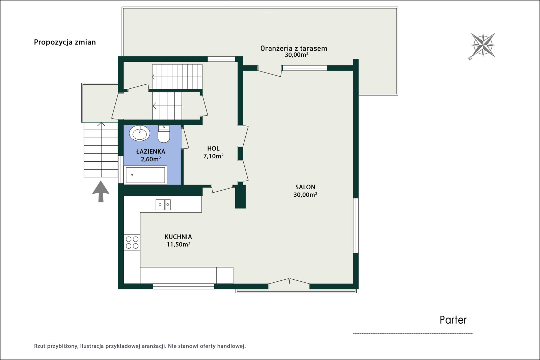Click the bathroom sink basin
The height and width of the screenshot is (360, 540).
pyautogui.click(x=139, y=133)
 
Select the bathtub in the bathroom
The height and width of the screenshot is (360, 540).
pyautogui.click(x=145, y=175)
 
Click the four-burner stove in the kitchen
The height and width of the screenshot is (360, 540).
pyautogui.click(x=132, y=242)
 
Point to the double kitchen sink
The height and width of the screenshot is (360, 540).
pyautogui.click(x=163, y=204)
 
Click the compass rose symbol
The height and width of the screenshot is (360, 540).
pyautogui.click(x=483, y=46)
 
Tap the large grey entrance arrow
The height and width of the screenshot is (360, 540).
pyautogui.click(x=101, y=191)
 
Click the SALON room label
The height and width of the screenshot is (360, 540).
pyautogui.click(x=305, y=187)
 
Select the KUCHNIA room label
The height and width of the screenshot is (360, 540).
pyautogui.click(x=178, y=237)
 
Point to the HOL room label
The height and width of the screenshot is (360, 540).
pyautogui.click(x=213, y=148)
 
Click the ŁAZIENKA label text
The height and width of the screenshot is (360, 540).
pyautogui.click(x=151, y=151)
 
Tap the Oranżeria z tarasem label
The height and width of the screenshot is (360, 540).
pyautogui.click(x=294, y=49)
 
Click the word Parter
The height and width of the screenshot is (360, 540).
pyautogui.click(x=453, y=320)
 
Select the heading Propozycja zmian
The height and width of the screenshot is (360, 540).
pyautogui.click(x=65, y=42)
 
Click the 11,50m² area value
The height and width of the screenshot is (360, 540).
pyautogui.click(x=179, y=244)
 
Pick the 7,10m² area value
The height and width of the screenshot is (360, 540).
pyautogui.click(x=213, y=156)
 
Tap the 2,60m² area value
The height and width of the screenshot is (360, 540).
pyautogui.click(x=151, y=159)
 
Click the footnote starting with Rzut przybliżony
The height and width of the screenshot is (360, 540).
pyautogui.click(x=140, y=346)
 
